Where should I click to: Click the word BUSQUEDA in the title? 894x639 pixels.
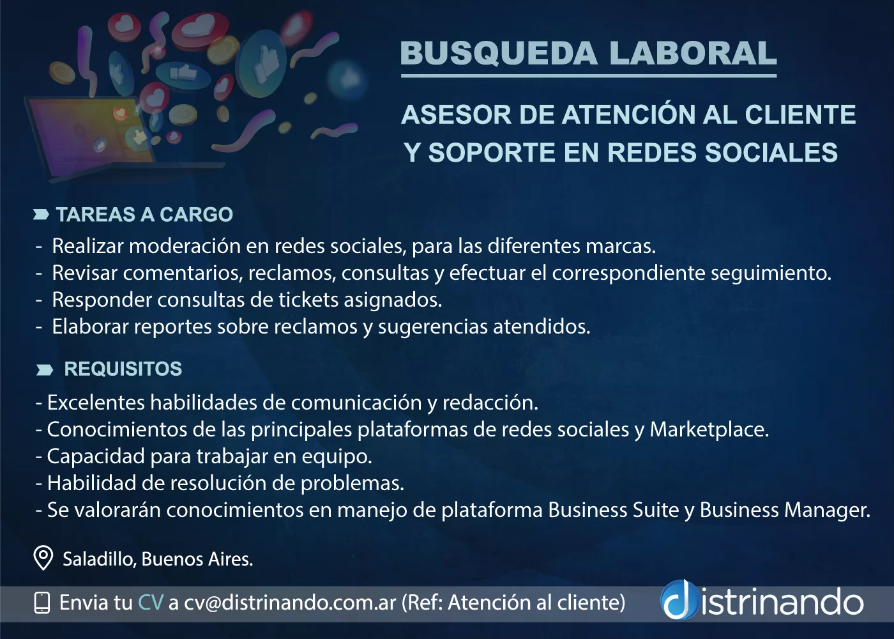click(499, 53)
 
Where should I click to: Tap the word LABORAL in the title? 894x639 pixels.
click(693, 53)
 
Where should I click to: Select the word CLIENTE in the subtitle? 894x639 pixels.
click(799, 114)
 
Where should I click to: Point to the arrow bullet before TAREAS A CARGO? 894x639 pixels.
click(41, 215)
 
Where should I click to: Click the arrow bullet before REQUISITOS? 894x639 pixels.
click(44, 370)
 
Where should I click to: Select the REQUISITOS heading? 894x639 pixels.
click(123, 369)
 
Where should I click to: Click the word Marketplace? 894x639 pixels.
click(709, 430)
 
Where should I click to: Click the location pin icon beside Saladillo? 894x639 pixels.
click(43, 558)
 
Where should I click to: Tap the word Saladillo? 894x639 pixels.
click(100, 559)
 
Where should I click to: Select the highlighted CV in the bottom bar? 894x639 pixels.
click(151, 603)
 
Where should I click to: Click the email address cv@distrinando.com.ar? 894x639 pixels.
click(290, 603)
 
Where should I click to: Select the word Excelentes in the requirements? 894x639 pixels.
click(96, 403)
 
